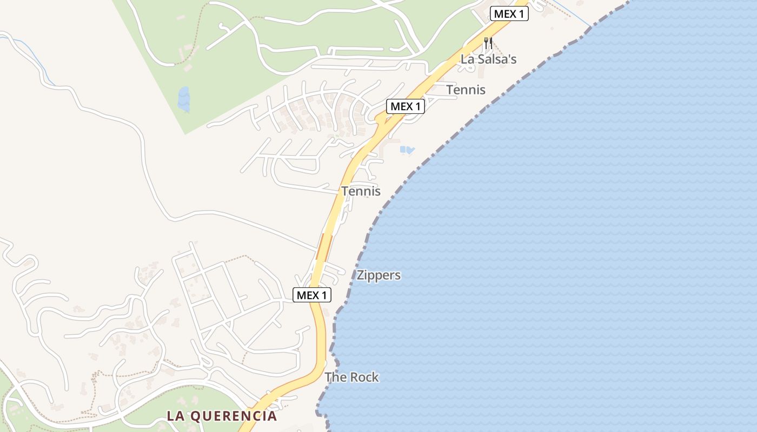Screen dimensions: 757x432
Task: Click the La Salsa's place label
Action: point(488,59)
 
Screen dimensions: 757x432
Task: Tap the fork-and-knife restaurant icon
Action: point(488,43)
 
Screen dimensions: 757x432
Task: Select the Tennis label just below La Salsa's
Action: point(466,90)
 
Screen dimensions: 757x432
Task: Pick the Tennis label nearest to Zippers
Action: point(361,191)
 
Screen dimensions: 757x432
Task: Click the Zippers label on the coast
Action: point(378,275)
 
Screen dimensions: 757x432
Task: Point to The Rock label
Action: point(351,377)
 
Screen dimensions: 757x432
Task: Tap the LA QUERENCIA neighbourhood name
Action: point(222,416)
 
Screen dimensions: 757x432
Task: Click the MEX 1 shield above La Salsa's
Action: point(509,14)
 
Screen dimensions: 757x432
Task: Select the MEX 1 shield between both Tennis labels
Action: point(405,106)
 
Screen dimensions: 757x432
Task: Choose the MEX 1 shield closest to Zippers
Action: point(312,295)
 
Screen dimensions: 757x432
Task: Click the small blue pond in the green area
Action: point(184,99)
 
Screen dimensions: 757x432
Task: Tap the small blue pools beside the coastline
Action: point(407,150)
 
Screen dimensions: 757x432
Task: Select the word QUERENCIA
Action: point(235,416)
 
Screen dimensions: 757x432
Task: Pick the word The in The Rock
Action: point(335,377)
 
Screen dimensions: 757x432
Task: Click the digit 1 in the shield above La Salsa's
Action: point(521,14)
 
